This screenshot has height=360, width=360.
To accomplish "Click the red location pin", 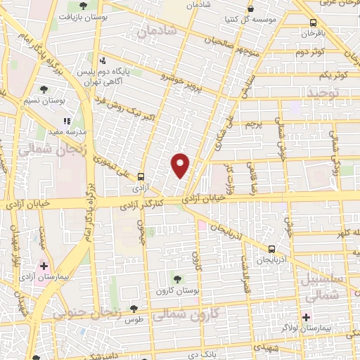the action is click(181, 165).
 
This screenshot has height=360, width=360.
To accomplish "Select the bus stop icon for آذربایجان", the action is click(272, 248).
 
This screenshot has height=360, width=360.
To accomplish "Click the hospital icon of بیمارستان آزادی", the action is click(45, 266).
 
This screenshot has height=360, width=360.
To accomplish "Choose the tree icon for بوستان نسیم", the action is click(44, 89).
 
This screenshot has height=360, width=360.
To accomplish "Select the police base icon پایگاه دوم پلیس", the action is click(103, 60).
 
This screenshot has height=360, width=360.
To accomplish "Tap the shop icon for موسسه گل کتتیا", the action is click(251, 10).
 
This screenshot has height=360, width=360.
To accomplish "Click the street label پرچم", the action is click(252, 124).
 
